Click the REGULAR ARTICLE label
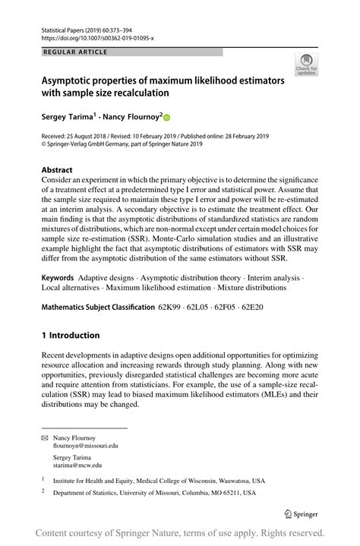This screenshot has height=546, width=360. pos(77,52)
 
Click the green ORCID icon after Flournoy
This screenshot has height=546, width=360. pos(167,118)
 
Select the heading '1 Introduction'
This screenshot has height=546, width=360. pos(71,335)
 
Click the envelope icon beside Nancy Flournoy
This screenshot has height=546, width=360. pos(44,438)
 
